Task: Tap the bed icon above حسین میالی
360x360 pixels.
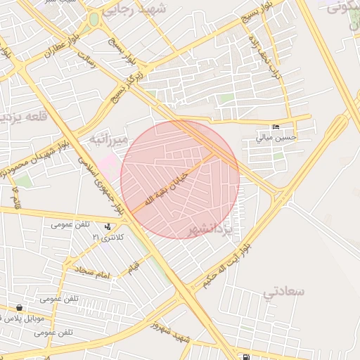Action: [276, 127]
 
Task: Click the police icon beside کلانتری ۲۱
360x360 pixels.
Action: [107, 227]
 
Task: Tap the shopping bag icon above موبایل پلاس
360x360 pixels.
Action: [19, 308]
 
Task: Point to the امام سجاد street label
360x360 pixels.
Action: [92, 271]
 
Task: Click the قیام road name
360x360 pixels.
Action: [133, 265]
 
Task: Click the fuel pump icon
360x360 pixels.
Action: [245, 356]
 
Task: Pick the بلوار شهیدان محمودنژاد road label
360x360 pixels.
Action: [41, 154]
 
